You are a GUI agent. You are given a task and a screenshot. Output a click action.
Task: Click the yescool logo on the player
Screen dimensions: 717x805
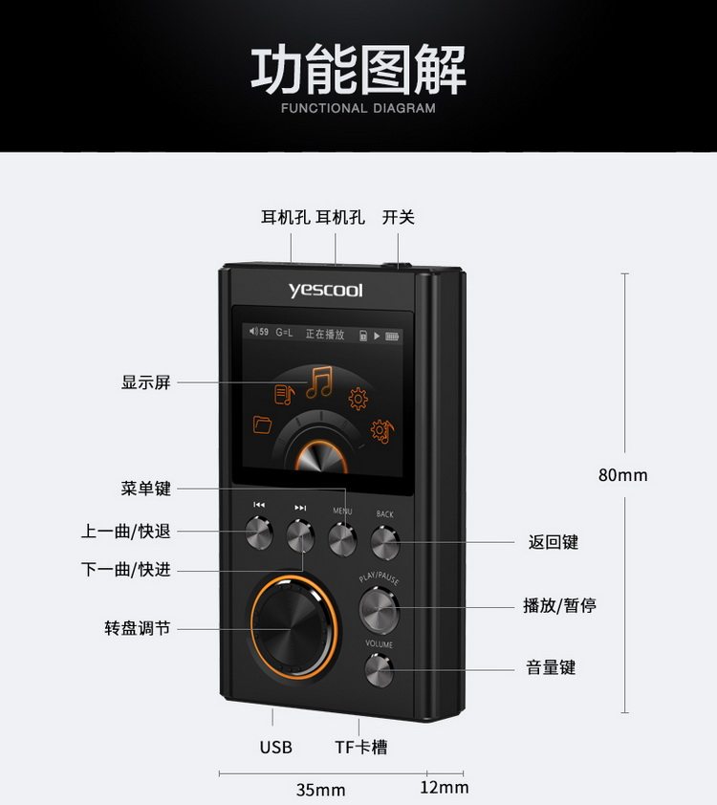point(326,290)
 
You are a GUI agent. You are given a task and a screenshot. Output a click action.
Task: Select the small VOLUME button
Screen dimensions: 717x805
point(380,671)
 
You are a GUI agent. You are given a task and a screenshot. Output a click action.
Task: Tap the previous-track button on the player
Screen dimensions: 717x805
point(259,533)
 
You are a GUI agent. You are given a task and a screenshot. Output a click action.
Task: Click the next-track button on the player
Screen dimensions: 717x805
point(301,535)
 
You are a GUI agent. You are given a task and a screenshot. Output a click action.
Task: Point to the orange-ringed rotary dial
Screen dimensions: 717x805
point(293,625)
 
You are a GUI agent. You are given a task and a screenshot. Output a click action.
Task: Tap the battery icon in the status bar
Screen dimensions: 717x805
point(393,336)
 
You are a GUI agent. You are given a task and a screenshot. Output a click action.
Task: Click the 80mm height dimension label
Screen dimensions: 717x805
point(622,475)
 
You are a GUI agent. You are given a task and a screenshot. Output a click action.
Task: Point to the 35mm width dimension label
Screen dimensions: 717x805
point(320,790)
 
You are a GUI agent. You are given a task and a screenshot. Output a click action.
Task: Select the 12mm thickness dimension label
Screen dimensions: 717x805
point(445,787)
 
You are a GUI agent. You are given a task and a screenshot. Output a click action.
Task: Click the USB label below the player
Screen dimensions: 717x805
point(275,747)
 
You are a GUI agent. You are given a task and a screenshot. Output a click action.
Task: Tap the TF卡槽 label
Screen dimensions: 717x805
point(360,747)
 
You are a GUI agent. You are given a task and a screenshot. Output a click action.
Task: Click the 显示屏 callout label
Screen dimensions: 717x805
point(145,382)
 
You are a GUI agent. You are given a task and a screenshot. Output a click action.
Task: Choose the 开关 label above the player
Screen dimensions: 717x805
point(398,217)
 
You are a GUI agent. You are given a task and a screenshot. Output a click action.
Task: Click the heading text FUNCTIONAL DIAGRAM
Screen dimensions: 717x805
point(358,108)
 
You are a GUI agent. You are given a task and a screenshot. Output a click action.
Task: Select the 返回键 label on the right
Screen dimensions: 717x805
point(553,542)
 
